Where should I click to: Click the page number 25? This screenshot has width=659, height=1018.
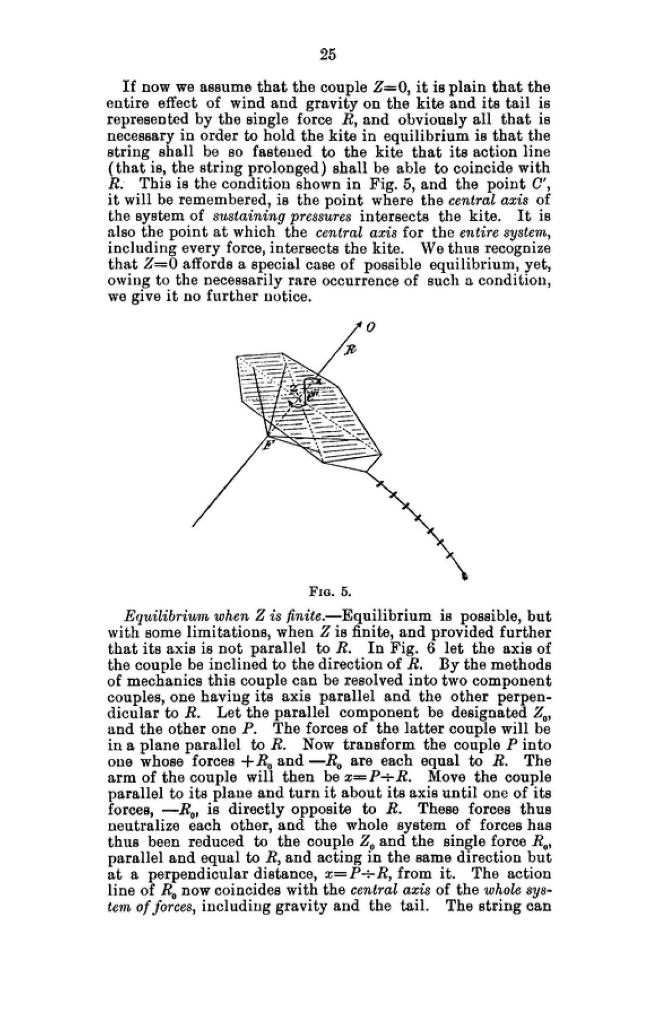pos(328,54)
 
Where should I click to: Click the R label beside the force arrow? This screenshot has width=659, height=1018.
pos(350,350)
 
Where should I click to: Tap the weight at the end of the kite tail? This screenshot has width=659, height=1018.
pos(465,576)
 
